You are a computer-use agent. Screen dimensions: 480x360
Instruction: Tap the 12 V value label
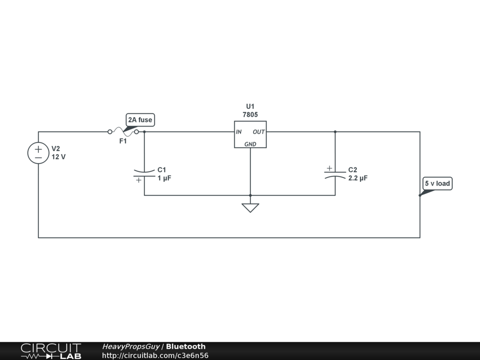click(59, 157)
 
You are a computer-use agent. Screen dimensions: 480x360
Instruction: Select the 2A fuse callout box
click(140, 120)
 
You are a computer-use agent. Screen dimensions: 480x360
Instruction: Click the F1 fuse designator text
click(123, 141)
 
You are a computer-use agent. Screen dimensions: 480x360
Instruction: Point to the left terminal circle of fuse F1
click(110, 132)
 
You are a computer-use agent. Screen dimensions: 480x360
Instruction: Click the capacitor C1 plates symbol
click(144, 173)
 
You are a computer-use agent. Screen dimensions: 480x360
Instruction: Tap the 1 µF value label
click(165, 178)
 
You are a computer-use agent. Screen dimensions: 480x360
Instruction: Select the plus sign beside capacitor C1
click(139, 180)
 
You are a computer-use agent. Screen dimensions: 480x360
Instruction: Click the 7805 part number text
click(250, 115)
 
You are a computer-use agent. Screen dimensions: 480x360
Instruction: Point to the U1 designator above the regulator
click(250, 106)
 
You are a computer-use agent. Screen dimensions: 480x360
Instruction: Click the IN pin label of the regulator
click(239, 132)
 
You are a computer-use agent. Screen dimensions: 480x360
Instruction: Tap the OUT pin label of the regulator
click(259, 132)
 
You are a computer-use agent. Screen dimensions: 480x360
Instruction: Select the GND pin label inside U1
click(250, 144)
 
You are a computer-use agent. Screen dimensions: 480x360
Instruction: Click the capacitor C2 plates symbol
click(335, 174)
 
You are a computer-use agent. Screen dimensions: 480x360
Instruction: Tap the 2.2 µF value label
click(358, 178)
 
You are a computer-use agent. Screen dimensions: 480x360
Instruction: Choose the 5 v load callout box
click(437, 184)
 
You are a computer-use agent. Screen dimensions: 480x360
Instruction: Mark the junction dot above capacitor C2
click(335, 132)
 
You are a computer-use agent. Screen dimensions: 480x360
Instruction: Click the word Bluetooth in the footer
click(186, 346)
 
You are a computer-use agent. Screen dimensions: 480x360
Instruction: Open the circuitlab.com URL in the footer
click(155, 355)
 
